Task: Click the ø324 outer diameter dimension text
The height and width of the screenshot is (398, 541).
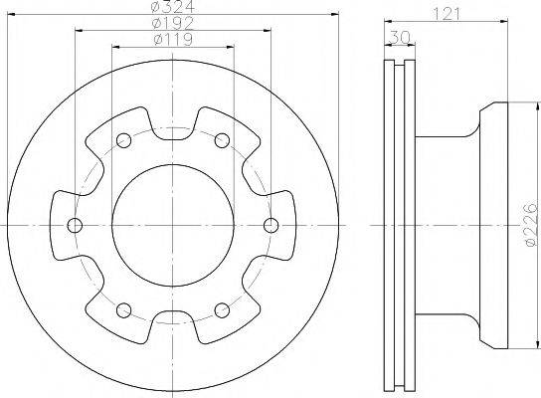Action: [x=173, y=6]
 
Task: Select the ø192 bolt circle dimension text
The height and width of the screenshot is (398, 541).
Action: [x=173, y=23]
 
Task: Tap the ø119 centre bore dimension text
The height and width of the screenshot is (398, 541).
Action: [x=173, y=40]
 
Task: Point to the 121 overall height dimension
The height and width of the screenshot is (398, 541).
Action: [x=447, y=14]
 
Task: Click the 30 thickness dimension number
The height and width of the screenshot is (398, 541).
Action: [x=400, y=37]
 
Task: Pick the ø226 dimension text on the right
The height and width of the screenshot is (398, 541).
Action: [x=531, y=225]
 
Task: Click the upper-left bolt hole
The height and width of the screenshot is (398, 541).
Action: [x=124, y=140]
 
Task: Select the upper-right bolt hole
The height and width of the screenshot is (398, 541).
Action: [x=222, y=140]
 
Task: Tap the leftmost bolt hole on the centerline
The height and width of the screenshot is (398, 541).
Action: [x=75, y=226]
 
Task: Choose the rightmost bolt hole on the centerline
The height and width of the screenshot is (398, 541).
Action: [x=270, y=226]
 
